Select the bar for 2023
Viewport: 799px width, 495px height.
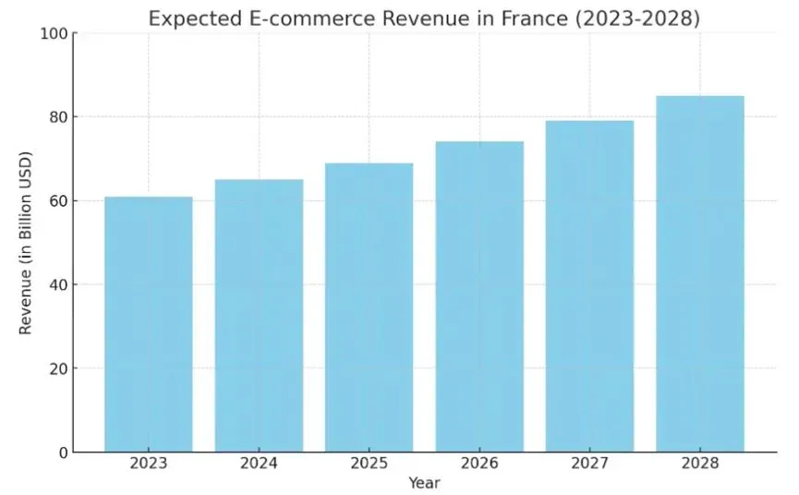tap(148, 324)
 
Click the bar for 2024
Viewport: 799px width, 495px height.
tap(259, 316)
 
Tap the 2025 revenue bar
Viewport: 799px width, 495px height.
tap(369, 308)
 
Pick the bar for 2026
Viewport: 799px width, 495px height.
tap(479, 296)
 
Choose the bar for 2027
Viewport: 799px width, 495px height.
tap(589, 286)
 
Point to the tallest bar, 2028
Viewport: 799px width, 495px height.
tap(700, 274)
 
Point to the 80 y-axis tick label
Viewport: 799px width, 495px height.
tap(57, 117)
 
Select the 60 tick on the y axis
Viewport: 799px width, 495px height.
tap(57, 201)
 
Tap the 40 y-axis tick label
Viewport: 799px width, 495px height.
tap(57, 284)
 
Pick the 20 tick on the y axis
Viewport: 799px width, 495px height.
tap(57, 368)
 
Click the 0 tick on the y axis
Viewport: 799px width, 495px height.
tap(62, 453)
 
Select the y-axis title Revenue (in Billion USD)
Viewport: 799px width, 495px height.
tap(25, 243)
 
